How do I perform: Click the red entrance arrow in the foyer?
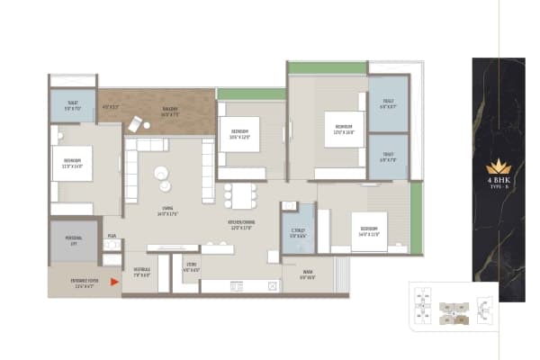113,282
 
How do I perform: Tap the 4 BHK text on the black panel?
498,181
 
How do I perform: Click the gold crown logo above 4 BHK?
498,166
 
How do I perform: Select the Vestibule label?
142,271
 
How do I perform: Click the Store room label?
190,267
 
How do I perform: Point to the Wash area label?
308,274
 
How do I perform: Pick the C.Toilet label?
298,230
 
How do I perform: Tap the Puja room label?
112,236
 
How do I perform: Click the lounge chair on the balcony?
135,124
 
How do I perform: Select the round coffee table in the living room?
161,174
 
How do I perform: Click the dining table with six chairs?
239,194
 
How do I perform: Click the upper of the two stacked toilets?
388,103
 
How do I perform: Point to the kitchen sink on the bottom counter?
237,286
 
